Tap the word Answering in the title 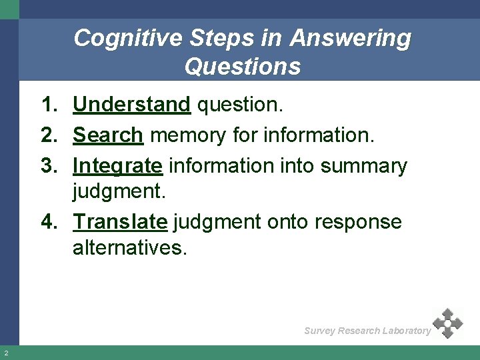point(351,38)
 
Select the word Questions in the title point(243,67)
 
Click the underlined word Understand point(132,105)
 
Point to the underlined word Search point(108,135)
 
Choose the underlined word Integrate point(117,165)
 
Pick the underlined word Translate point(120,221)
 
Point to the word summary point(363,165)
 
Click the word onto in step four point(287,221)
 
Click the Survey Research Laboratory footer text point(367,331)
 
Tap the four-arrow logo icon point(447,323)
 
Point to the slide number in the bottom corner point(5,353)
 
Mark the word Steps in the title point(216,38)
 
